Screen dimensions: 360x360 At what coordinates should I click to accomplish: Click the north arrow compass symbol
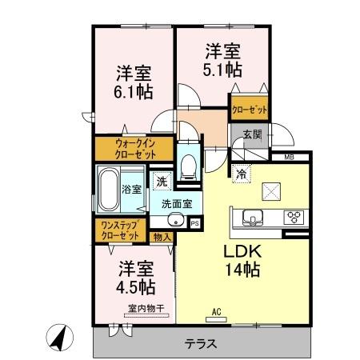pos(58,337)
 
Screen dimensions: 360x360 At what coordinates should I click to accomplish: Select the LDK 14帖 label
pos(242,258)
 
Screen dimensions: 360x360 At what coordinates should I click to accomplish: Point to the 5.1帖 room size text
pos(220,70)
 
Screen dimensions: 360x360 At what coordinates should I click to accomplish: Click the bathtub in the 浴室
pos(108,190)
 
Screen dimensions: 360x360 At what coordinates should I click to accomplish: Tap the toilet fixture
pos(188,165)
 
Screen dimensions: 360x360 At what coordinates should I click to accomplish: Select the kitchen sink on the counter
pos(251,216)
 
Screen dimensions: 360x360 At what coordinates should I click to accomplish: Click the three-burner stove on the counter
pos(293,216)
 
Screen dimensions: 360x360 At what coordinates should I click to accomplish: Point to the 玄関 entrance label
pos(251,134)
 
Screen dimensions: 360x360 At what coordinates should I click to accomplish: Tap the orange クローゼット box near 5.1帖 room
pos(249,108)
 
